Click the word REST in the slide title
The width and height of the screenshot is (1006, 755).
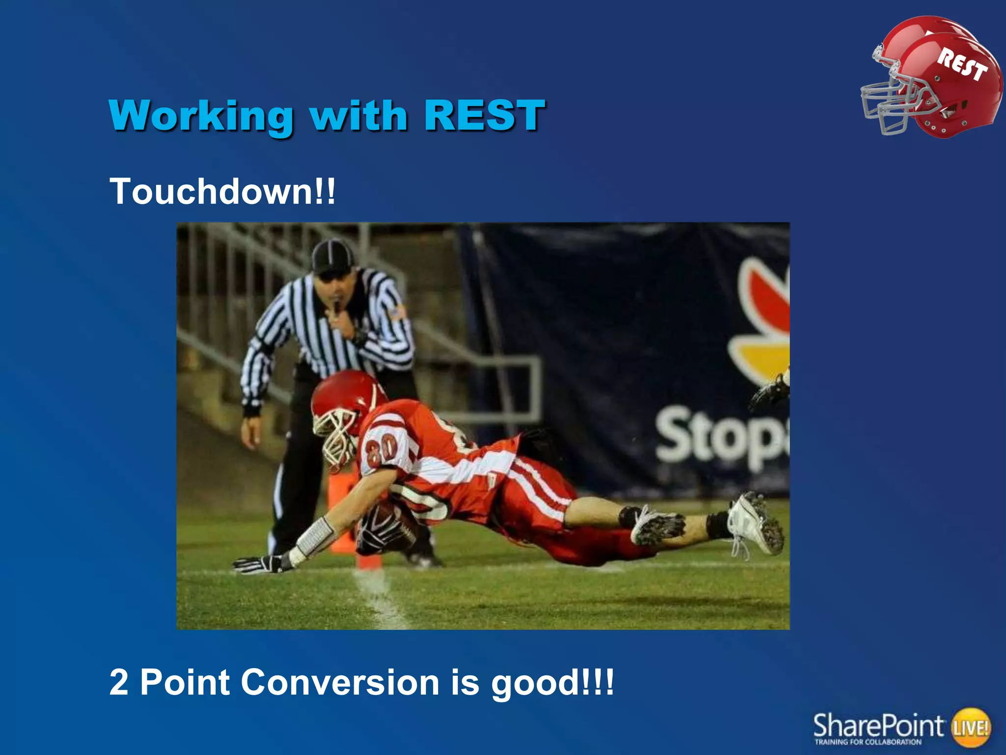click(x=484, y=116)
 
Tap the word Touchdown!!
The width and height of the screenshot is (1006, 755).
click(x=223, y=192)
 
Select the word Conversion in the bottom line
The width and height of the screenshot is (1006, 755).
click(x=340, y=682)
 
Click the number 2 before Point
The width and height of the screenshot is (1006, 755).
click(x=118, y=682)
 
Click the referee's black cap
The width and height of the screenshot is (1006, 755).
click(x=333, y=256)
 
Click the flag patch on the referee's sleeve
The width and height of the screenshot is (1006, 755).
click(x=398, y=312)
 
